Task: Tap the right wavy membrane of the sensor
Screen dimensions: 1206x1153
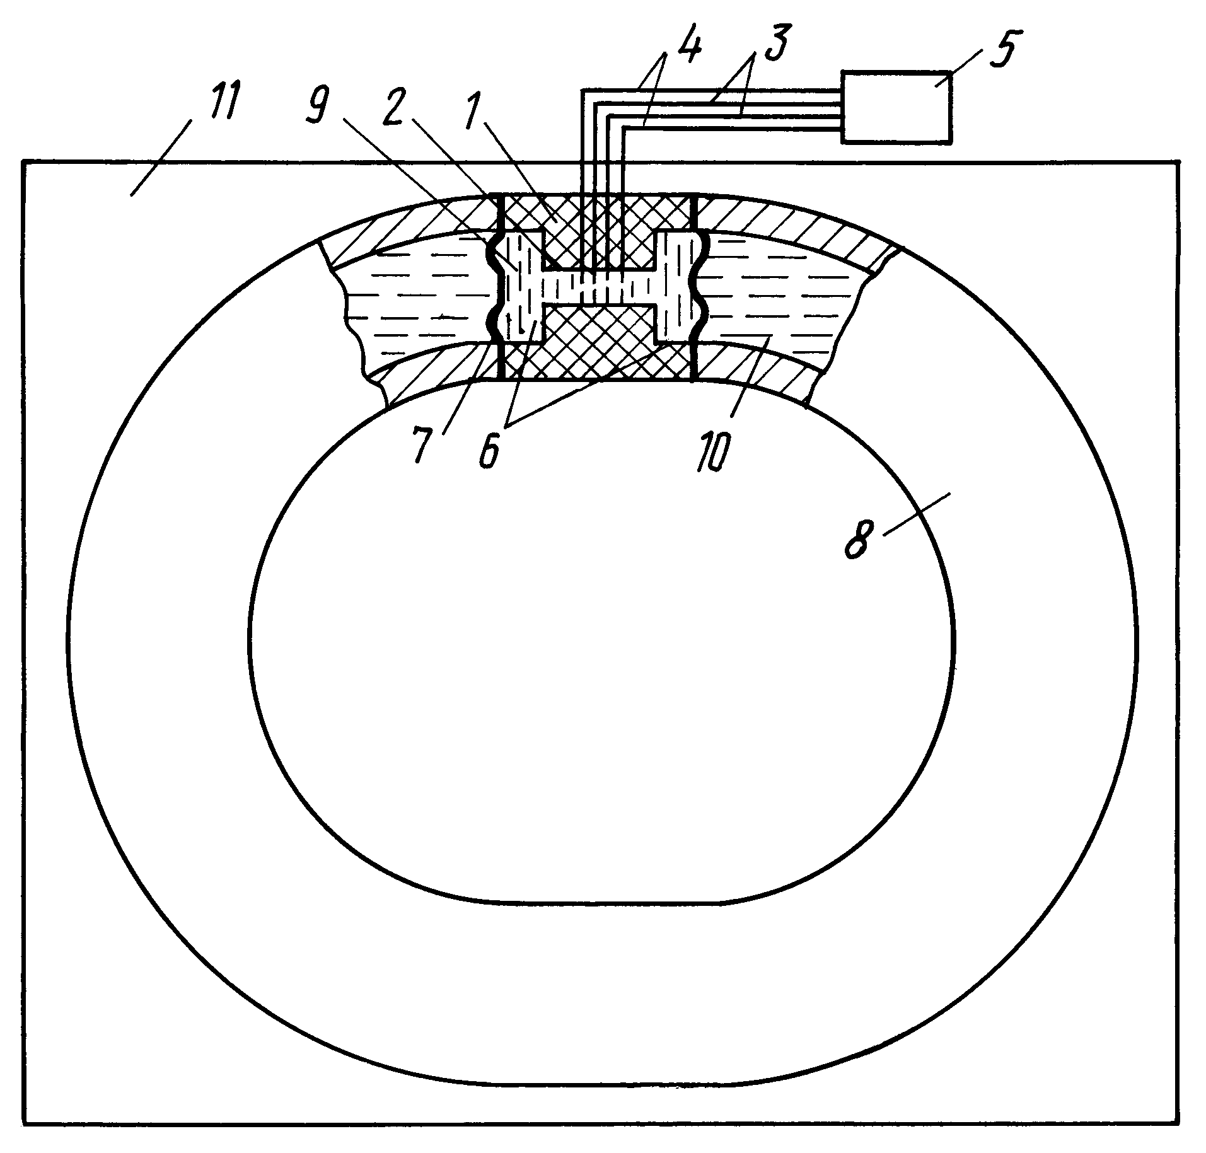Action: coord(701,287)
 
